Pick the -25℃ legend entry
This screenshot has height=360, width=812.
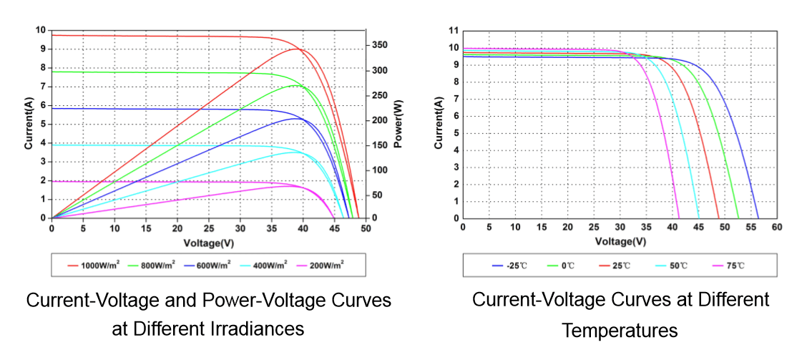tap(510, 266)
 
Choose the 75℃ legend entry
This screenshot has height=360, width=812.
tap(729, 266)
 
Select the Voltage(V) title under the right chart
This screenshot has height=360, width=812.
tap(620, 241)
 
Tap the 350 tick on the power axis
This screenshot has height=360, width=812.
tap(380, 45)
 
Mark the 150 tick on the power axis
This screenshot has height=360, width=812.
tap(380, 145)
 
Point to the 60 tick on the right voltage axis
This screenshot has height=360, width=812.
tap(777, 227)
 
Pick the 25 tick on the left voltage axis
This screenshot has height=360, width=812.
tap(208, 228)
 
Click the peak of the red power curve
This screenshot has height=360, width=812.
tap(298, 49)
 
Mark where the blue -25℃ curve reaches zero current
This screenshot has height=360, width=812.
tap(758, 218)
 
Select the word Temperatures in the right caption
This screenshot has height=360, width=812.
tap(620, 331)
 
